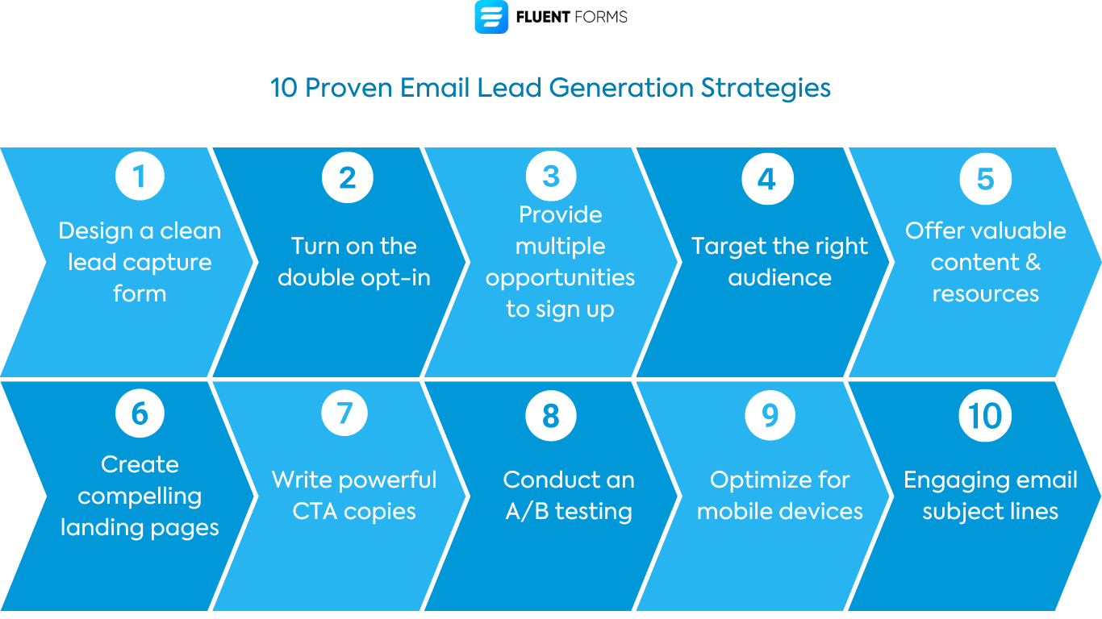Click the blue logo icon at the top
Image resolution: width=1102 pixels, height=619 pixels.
click(491, 17)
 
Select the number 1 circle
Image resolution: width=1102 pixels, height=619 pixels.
click(140, 177)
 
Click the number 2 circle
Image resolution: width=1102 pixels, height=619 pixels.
click(347, 177)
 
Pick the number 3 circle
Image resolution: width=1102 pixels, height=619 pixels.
click(551, 177)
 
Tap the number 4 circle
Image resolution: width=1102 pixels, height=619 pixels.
click(767, 177)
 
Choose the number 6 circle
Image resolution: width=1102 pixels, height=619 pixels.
click(140, 413)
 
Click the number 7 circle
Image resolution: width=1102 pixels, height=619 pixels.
click(344, 413)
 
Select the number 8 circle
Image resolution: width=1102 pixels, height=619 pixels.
click(551, 416)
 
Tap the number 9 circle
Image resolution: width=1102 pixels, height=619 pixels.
click(770, 415)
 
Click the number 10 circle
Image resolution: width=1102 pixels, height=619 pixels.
click(985, 416)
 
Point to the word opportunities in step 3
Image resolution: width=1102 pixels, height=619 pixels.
click(560, 278)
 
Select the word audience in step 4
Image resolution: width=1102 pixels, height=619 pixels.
click(779, 278)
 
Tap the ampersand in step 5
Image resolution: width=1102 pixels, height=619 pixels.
click(1033, 263)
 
